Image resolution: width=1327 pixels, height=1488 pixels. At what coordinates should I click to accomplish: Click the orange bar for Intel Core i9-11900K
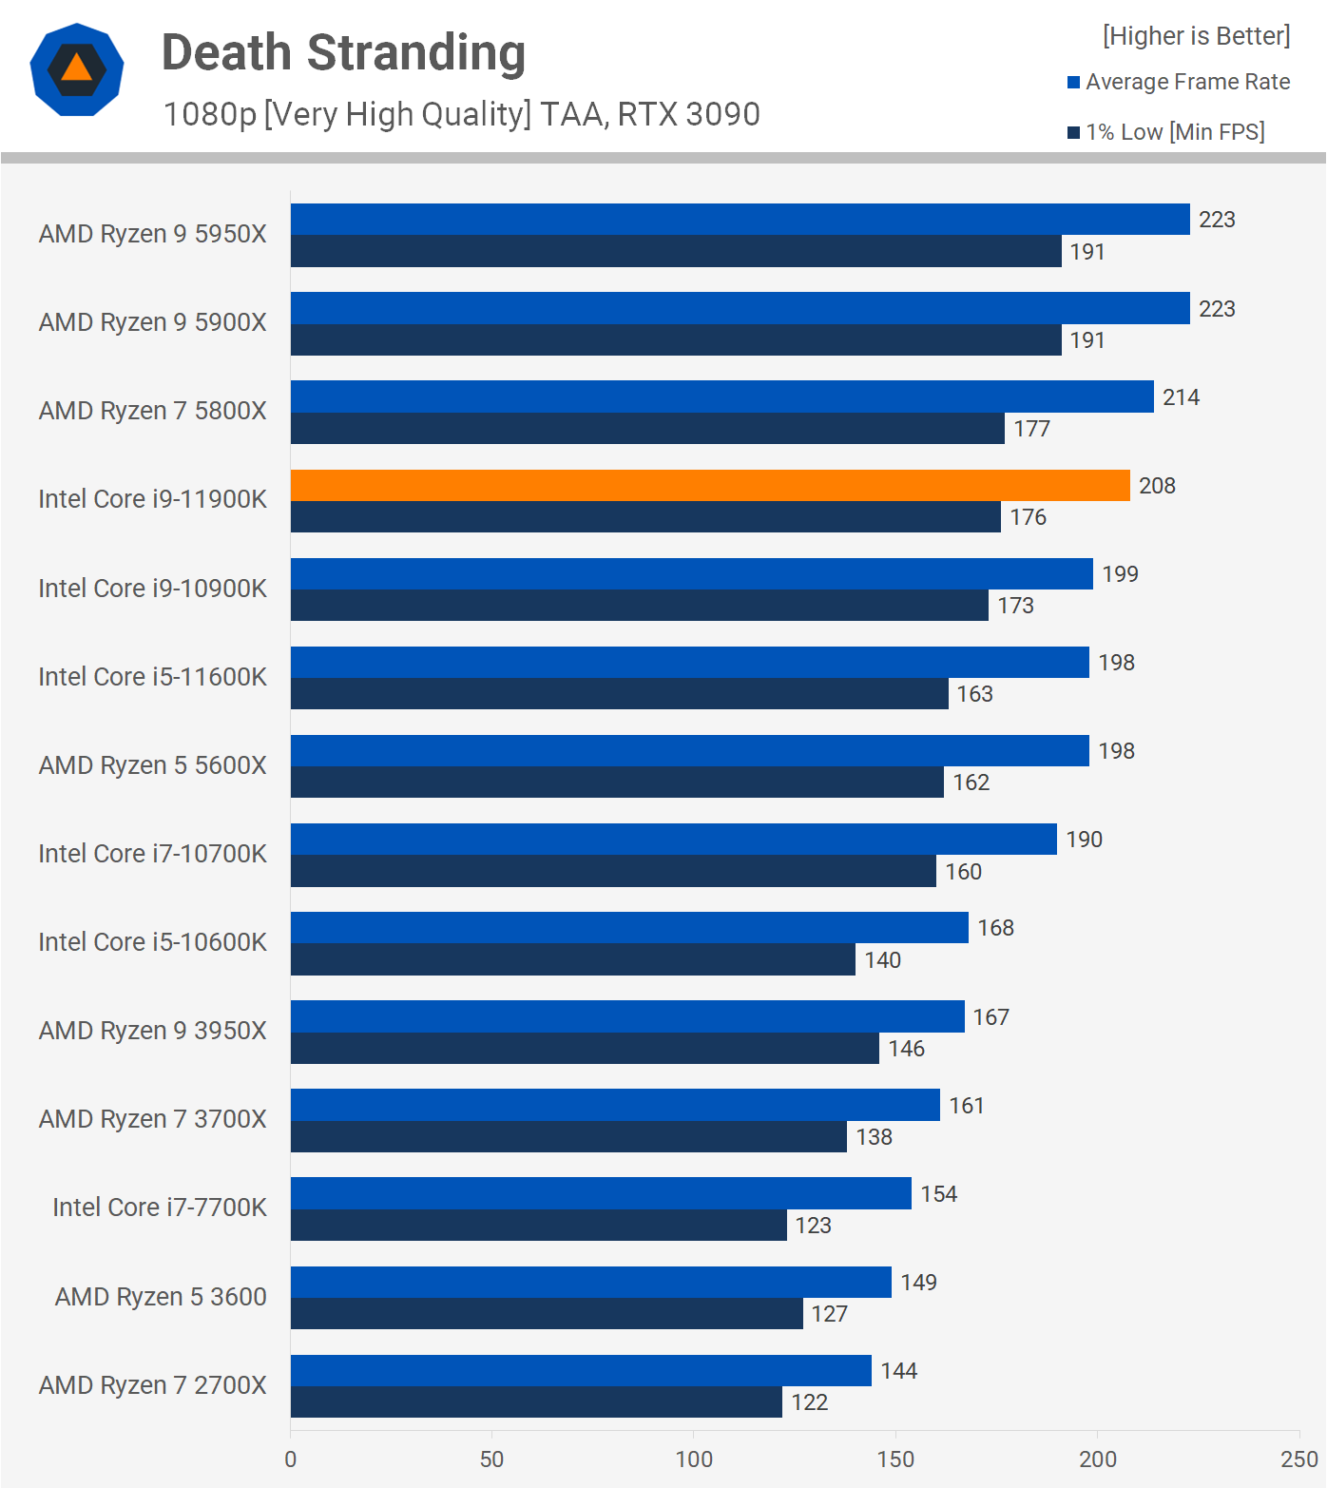710,485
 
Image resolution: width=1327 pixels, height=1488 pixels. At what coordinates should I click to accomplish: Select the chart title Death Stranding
343,53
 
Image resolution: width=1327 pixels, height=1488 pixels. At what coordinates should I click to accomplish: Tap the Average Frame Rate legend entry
1179,82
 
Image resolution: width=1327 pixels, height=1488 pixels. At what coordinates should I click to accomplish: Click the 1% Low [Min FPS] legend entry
1166,132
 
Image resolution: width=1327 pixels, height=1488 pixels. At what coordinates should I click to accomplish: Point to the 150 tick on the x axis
895,1459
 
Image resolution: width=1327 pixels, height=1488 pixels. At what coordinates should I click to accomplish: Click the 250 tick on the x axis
1298,1459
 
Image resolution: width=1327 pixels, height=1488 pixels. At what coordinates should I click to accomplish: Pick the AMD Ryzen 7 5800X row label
153,411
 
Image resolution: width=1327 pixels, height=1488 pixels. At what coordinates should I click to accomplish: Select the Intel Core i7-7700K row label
160,1208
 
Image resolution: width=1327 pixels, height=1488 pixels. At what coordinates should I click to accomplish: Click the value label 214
1181,397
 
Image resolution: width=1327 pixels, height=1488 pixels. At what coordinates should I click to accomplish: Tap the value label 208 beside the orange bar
1157,486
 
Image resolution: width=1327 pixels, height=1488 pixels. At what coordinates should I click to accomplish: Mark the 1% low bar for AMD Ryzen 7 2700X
536,1402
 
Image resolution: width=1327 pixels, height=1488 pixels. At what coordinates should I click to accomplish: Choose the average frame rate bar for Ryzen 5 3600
590,1282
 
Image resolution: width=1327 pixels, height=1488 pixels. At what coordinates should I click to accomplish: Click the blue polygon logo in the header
77,69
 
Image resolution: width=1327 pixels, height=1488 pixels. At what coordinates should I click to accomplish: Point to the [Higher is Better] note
1196,36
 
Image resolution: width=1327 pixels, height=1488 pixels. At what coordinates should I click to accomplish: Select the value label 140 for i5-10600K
882,960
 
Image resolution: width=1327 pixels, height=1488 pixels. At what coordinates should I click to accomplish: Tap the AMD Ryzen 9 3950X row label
153,1031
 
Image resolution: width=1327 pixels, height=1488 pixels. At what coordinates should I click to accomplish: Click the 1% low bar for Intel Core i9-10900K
639,606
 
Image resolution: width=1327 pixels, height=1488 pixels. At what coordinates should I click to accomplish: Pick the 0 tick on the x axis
290,1459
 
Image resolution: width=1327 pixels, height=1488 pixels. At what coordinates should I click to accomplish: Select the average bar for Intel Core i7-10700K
673,839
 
